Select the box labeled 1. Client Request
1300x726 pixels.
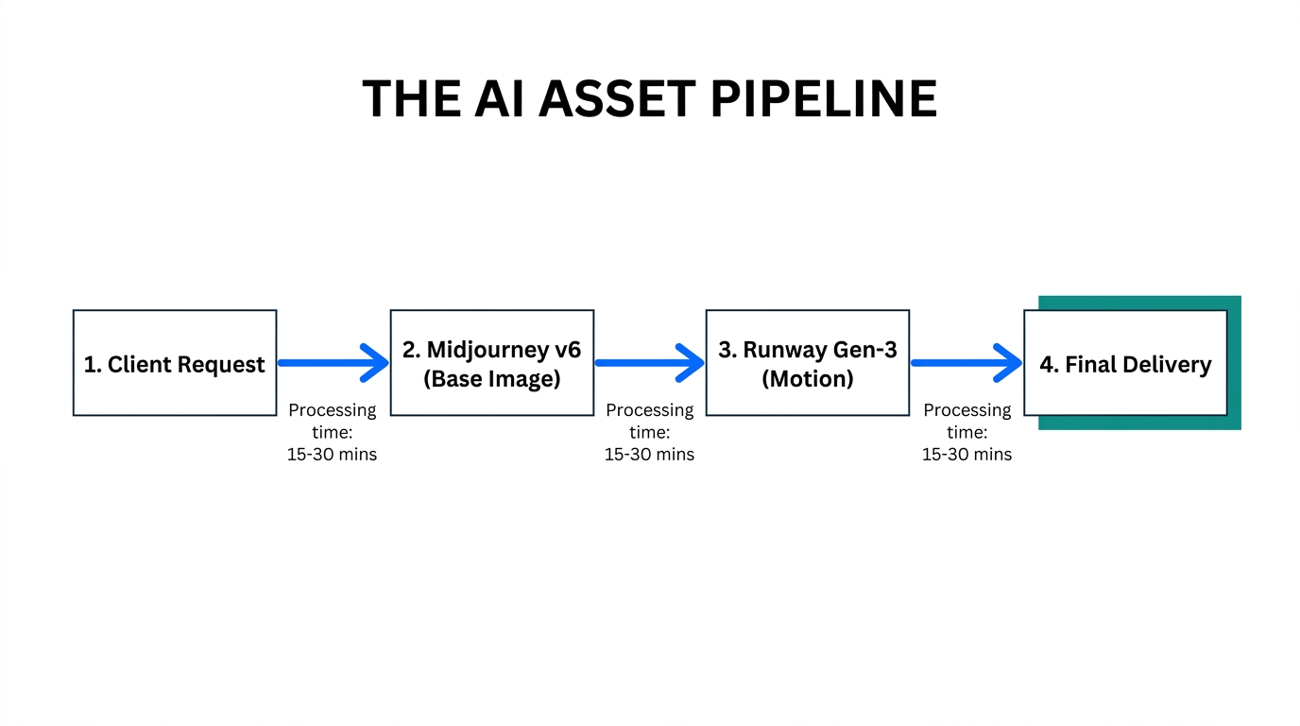click(175, 363)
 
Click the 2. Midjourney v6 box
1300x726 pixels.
click(491, 363)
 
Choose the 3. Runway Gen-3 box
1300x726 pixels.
click(807, 363)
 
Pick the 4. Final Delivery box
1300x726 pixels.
click(1125, 363)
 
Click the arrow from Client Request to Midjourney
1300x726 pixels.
click(333, 363)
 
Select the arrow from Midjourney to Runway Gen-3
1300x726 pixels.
click(649, 363)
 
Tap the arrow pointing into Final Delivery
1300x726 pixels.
click(966, 363)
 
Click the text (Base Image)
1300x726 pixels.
click(491, 379)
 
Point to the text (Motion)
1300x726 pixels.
click(807, 379)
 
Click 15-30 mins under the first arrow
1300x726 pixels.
click(332, 455)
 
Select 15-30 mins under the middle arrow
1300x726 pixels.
click(649, 455)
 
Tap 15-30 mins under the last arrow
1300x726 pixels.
click(966, 455)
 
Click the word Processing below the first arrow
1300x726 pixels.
click(332, 410)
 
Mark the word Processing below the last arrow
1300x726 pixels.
click(966, 410)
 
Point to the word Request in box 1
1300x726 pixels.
click(224, 365)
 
